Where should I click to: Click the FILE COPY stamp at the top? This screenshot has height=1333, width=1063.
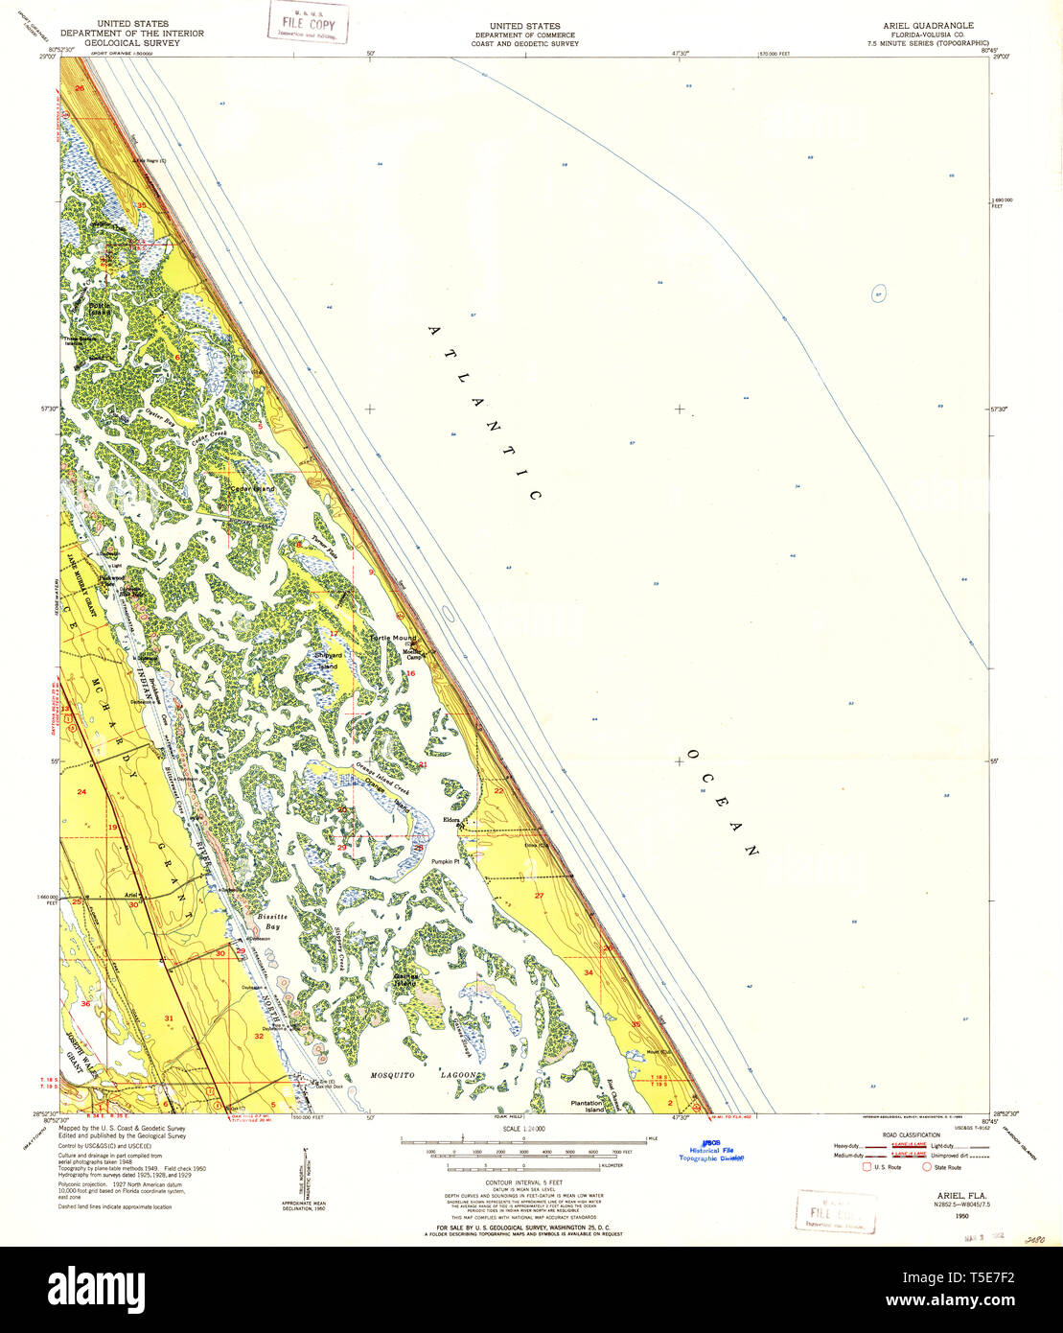[x=308, y=22]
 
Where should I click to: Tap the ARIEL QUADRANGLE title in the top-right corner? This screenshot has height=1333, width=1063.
[x=912, y=25]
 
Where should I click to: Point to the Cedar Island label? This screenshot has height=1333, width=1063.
[x=251, y=489]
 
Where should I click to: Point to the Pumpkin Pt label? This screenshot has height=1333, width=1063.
[x=447, y=862]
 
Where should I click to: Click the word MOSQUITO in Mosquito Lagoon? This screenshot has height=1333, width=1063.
[x=394, y=1076]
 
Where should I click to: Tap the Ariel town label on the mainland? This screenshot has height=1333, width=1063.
[x=131, y=895]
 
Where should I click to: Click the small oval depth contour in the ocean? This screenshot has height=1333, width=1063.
[x=879, y=293]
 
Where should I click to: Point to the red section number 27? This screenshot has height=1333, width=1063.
[x=539, y=896]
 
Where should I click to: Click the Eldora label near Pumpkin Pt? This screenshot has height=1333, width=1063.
[x=452, y=820]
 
